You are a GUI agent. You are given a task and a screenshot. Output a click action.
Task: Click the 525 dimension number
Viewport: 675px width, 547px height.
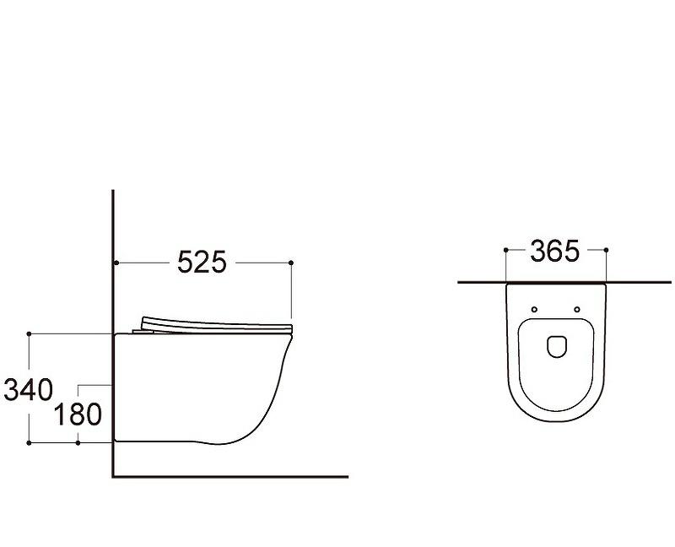[202, 262]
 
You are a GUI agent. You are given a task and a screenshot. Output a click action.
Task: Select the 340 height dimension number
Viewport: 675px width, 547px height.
[28, 390]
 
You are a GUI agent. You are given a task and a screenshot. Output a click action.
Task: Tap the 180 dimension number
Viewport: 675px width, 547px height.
[78, 414]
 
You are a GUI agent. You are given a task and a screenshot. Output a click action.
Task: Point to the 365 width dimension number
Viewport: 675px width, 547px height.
[554, 251]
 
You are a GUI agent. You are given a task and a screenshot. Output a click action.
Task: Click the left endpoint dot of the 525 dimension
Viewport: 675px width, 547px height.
[116, 263]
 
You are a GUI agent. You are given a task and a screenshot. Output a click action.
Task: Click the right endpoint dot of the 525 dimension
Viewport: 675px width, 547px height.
[291, 263]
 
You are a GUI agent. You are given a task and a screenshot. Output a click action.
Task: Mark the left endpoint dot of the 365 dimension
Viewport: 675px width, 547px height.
[505, 250]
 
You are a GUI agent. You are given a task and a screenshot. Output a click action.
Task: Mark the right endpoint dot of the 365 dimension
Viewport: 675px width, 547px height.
[606, 250]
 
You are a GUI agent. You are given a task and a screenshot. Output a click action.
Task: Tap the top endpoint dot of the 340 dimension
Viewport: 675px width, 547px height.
[29, 333]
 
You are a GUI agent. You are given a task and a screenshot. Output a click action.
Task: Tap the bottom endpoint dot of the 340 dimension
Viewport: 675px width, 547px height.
[29, 443]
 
